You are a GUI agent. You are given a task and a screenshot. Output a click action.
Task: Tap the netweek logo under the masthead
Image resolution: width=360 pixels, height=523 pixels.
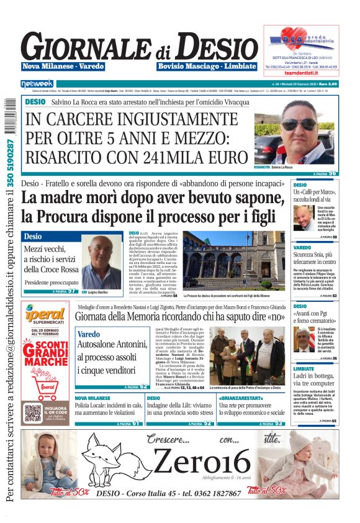click(x=37, y=83)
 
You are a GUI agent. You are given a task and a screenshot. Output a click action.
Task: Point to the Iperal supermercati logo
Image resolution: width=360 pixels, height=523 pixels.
click(x=45, y=316)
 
